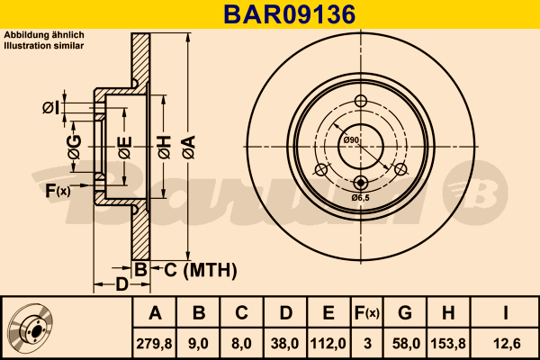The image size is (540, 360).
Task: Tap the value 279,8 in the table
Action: pyautogui.click(x=155, y=342)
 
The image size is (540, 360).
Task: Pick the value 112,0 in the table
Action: pyautogui.click(x=328, y=342)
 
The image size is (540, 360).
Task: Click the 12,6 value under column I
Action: pyautogui.click(x=507, y=342)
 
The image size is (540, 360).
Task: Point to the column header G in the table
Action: pyautogui.click(x=405, y=313)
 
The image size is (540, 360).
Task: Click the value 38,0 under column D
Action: pyautogui.click(x=285, y=342)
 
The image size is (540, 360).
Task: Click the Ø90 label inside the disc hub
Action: pyautogui.click(x=351, y=139)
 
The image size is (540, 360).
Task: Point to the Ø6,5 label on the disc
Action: pyautogui.click(x=362, y=197)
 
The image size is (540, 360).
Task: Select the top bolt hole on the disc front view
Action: pyautogui.click(x=362, y=101)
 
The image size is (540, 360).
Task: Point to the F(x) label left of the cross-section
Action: pyautogui.click(x=58, y=190)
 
